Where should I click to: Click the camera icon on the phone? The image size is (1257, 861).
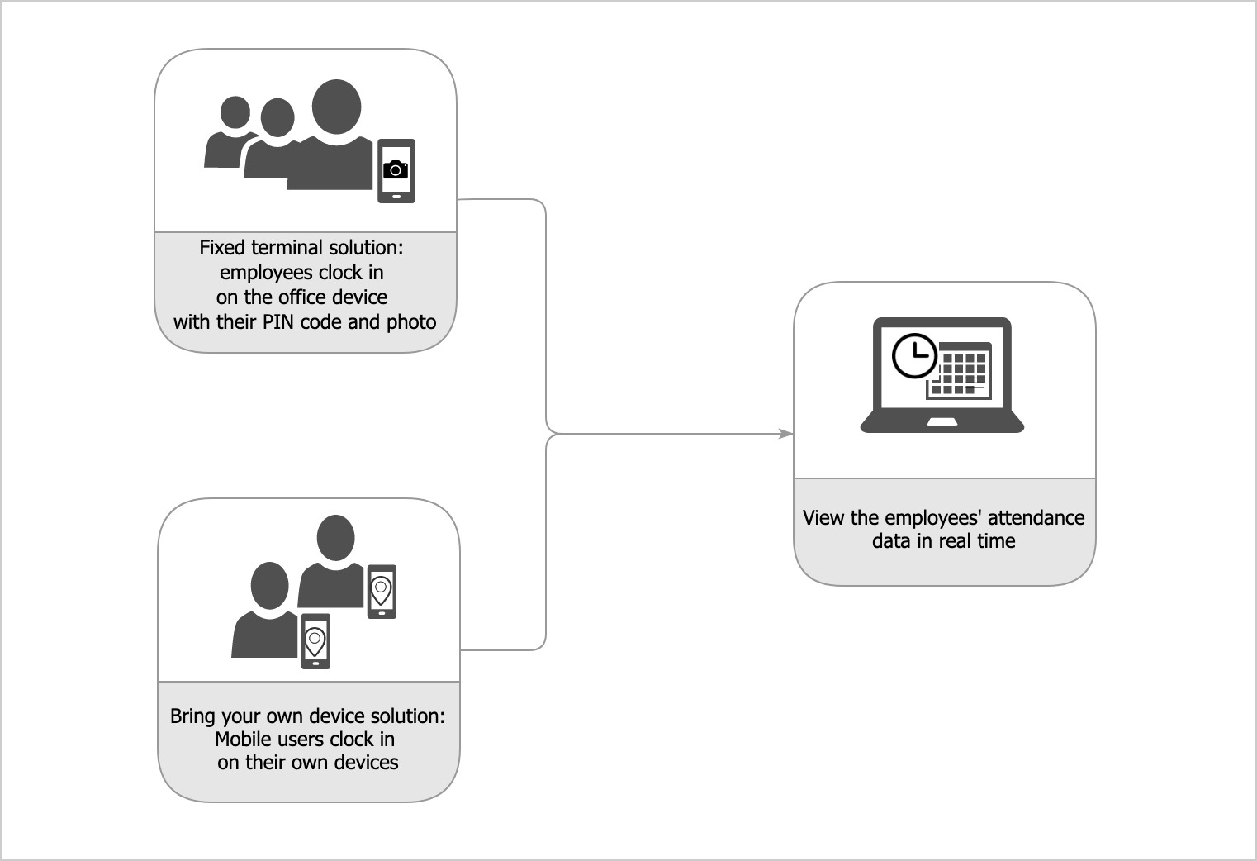(x=396, y=169)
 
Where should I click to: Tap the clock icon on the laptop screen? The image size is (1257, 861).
(x=914, y=356)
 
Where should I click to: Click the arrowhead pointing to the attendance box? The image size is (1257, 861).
(x=785, y=434)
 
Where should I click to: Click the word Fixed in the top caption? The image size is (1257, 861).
(x=222, y=248)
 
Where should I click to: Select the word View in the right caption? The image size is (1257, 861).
(x=823, y=518)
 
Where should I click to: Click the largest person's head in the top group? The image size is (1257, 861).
(x=336, y=107)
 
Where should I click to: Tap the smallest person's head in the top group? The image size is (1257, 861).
(x=235, y=113)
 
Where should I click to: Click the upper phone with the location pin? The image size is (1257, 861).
(x=381, y=591)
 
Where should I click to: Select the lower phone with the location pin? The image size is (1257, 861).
(x=315, y=640)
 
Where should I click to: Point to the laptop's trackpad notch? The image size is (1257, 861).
(x=942, y=422)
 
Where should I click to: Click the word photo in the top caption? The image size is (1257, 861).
(x=411, y=322)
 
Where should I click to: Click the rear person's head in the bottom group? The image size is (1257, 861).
(x=335, y=538)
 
